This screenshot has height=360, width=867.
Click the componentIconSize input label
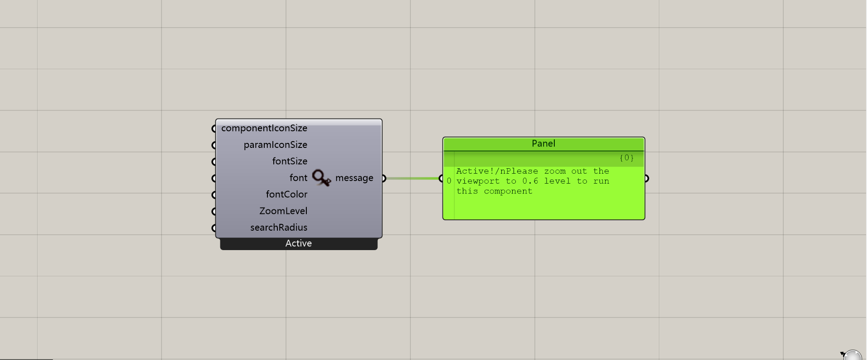click(264, 128)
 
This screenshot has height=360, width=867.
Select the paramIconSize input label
click(276, 145)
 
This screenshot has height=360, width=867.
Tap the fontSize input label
click(290, 161)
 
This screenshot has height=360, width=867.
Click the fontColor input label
click(286, 194)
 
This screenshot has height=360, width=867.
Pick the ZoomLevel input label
click(283, 211)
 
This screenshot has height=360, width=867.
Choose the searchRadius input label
click(279, 227)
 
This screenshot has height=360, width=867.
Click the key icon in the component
click(321, 178)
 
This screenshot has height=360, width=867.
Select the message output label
click(354, 178)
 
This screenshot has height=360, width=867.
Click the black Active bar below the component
click(299, 244)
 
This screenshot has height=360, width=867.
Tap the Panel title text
click(543, 144)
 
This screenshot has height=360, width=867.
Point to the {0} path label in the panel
click(627, 158)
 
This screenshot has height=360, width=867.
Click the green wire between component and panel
click(412, 178)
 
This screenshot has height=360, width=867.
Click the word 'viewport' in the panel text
click(478, 181)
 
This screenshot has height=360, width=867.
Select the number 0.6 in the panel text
click(530, 181)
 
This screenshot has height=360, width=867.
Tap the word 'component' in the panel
click(508, 191)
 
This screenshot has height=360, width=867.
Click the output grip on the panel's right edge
click(647, 179)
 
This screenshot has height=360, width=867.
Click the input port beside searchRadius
click(214, 228)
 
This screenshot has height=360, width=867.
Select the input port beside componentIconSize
click(214, 129)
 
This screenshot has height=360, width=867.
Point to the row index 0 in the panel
click(449, 181)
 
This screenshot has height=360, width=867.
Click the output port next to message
click(384, 178)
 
